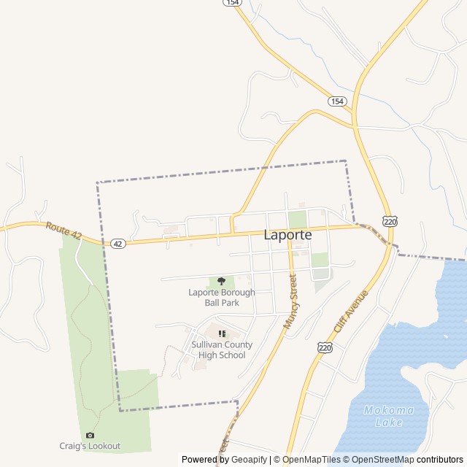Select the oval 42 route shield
pyautogui.click(x=118, y=243)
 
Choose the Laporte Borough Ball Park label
pyautogui.click(x=222, y=298)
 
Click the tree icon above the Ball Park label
pyautogui.click(x=222, y=282)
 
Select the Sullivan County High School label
pyautogui.click(x=222, y=350)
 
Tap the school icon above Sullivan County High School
pyautogui.click(x=222, y=333)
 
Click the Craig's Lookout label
pyautogui.click(x=90, y=446)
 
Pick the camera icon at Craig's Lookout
pyautogui.click(x=90, y=435)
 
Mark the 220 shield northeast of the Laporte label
pyautogui.click(x=390, y=220)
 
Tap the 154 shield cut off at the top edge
pyautogui.click(x=232, y=3)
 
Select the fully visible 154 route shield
pyautogui.click(x=336, y=101)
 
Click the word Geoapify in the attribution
pyautogui.click(x=250, y=460)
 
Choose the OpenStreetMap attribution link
pyautogui.click(x=379, y=460)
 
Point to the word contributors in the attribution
pyautogui.click(x=440, y=460)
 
